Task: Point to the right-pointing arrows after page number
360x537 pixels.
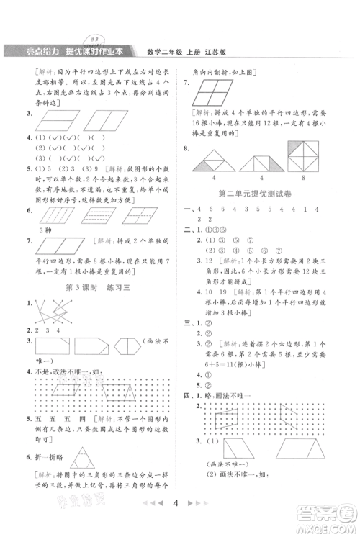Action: click(200, 505)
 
